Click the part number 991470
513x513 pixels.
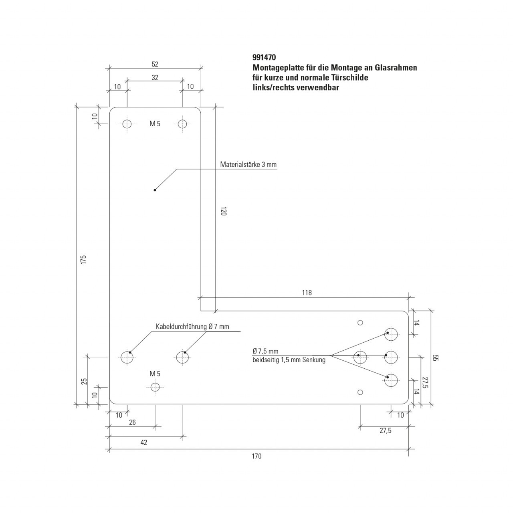[264, 57]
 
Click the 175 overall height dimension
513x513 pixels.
[84, 260]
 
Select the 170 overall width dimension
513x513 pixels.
[256, 456]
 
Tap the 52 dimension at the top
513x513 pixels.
[155, 64]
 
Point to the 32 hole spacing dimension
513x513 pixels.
[155, 77]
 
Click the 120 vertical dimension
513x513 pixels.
[224, 211]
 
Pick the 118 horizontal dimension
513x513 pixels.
[307, 293]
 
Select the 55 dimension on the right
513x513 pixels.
[435, 358]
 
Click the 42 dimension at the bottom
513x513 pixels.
[144, 442]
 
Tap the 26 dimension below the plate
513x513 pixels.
[132, 422]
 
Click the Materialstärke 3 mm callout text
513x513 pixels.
[248, 164]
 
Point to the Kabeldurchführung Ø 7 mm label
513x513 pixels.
[192, 326]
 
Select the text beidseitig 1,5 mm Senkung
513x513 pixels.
[289, 360]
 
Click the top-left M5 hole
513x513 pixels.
[127, 124]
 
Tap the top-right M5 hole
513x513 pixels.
[182, 124]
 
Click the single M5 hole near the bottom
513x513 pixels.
[155, 387]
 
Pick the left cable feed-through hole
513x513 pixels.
[127, 357]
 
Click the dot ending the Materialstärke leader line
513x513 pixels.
[155, 190]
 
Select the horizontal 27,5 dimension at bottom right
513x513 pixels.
[386, 430]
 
